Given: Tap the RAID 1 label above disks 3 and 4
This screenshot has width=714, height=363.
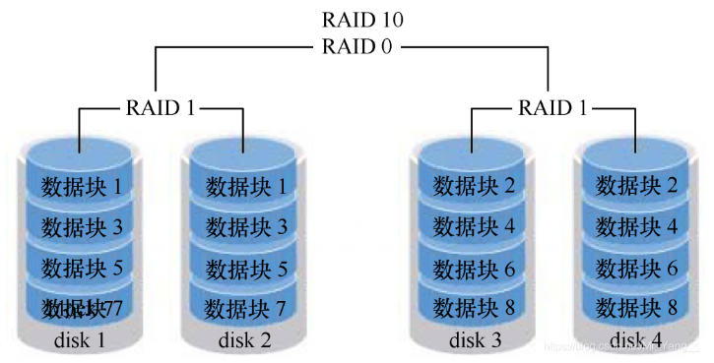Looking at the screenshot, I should tap(554, 107).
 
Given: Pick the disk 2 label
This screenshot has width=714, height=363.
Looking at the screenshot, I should tap(244, 340).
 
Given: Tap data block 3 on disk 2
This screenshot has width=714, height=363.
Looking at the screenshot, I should tap(244, 226).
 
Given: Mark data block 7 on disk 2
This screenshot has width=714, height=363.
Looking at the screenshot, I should tap(244, 309).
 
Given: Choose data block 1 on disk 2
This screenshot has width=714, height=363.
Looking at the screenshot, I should tap(244, 185).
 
